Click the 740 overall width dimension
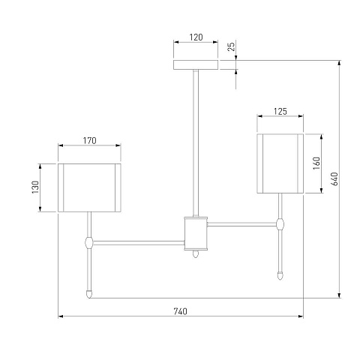point(180,311)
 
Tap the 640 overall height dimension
point(334,178)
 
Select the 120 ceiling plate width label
point(196,37)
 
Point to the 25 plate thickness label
point(231,46)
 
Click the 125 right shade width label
point(280,111)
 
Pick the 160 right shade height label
point(316,163)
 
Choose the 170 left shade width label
point(89,141)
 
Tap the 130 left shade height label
point(35,187)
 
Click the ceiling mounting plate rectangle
point(196,64)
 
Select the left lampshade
point(89,187)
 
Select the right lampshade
point(280,163)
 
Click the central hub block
point(196,233)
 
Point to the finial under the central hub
point(196,253)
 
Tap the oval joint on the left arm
point(89,242)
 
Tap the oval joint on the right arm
point(280,224)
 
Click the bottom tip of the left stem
point(89,298)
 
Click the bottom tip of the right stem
point(280,279)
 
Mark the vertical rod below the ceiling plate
point(196,143)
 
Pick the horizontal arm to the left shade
point(139,242)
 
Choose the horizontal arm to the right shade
point(241,224)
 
